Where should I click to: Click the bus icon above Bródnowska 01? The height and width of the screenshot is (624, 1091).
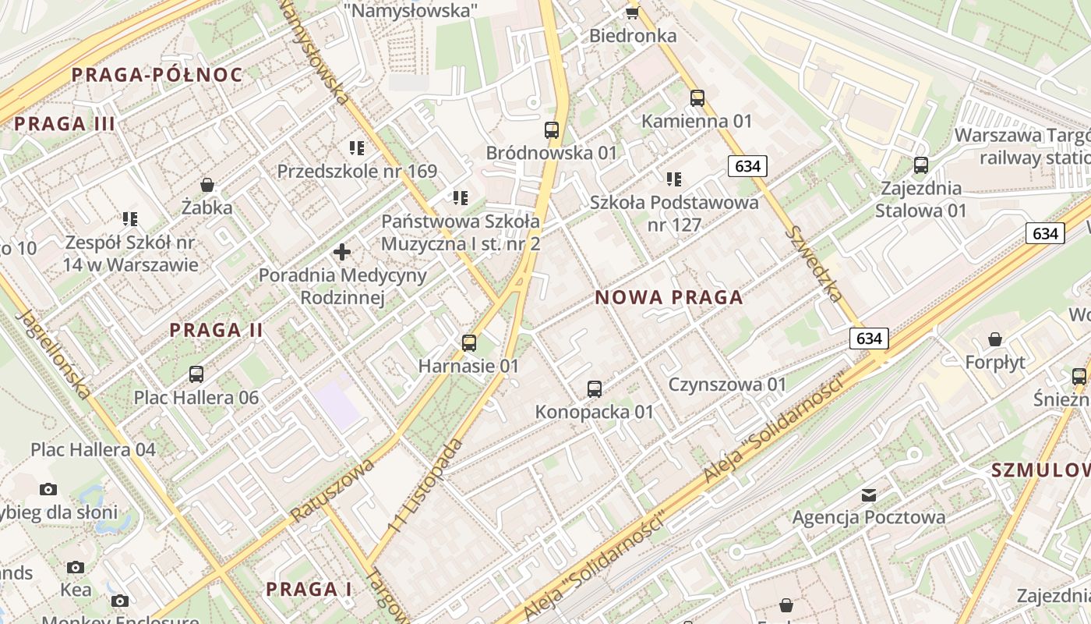(x=552, y=130)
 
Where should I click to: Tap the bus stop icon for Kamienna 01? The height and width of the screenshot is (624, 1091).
(x=697, y=98)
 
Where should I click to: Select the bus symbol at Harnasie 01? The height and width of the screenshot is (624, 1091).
(x=468, y=342)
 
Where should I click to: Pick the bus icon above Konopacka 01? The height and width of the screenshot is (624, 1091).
(x=594, y=388)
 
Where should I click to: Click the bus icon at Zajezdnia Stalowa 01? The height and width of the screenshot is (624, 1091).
(x=920, y=165)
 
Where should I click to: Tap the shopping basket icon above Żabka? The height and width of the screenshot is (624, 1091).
(x=207, y=185)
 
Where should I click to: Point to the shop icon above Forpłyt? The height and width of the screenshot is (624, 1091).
(x=994, y=339)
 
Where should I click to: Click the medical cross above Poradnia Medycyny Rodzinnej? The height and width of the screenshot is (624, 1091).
(x=341, y=252)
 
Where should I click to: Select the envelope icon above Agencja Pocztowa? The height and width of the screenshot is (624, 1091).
(x=868, y=495)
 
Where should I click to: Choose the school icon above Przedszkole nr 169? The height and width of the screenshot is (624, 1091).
(x=357, y=147)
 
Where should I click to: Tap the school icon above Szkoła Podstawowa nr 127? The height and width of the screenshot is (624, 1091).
(x=673, y=179)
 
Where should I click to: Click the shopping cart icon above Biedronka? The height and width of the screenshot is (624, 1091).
(x=632, y=12)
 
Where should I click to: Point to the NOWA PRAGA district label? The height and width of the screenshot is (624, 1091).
(x=669, y=297)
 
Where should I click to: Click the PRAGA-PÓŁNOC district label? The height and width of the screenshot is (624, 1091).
(x=157, y=75)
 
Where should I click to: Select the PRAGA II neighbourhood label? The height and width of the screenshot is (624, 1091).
(x=217, y=330)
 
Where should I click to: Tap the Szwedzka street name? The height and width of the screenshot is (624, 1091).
(x=814, y=264)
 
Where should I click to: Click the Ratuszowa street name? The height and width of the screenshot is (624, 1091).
(x=334, y=490)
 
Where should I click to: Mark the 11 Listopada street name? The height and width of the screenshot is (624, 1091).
(x=426, y=487)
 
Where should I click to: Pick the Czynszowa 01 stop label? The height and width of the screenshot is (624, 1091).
(x=728, y=385)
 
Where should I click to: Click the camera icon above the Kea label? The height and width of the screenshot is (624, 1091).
(x=75, y=567)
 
